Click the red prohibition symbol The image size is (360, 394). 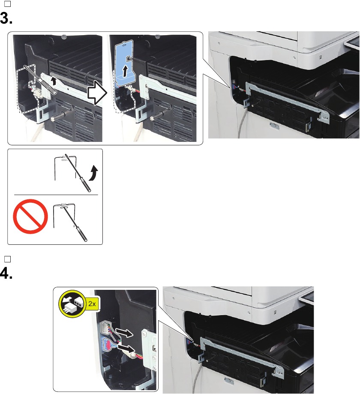coord(30,218)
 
